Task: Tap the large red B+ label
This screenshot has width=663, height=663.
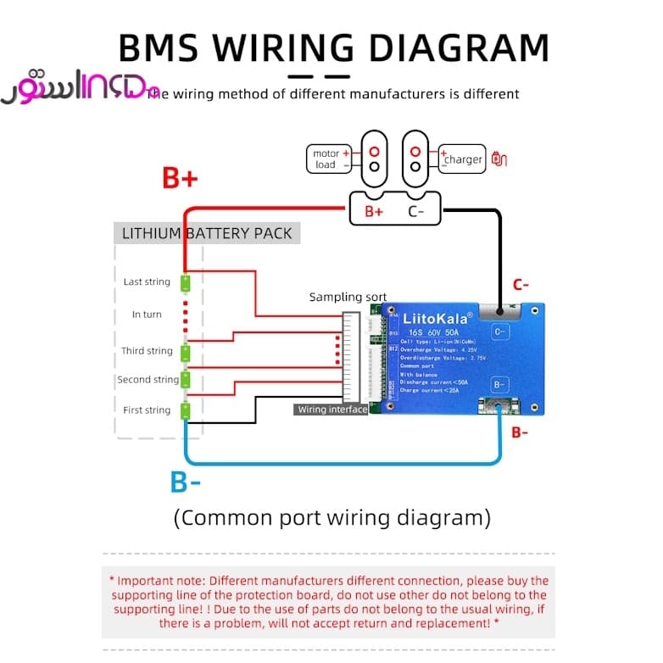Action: (x=180, y=179)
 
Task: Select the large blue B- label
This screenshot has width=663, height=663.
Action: (x=186, y=482)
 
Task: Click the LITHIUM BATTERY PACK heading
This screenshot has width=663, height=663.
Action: (x=207, y=233)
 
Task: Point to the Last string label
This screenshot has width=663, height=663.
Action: (x=147, y=281)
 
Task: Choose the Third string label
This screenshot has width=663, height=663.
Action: (x=147, y=351)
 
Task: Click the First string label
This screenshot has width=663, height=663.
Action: (x=147, y=410)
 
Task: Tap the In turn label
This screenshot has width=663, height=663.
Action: (x=147, y=315)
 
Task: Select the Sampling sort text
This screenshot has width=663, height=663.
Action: (x=348, y=297)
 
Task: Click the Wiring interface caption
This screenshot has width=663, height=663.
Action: (x=331, y=409)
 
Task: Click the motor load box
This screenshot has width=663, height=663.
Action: (x=329, y=159)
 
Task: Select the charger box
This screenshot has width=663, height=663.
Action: (x=462, y=159)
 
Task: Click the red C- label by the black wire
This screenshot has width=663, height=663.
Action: (x=520, y=285)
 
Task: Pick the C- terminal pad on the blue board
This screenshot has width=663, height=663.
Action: (x=499, y=331)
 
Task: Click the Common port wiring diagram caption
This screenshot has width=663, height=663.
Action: (x=331, y=517)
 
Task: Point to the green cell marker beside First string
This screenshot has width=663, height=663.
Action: (x=185, y=411)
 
